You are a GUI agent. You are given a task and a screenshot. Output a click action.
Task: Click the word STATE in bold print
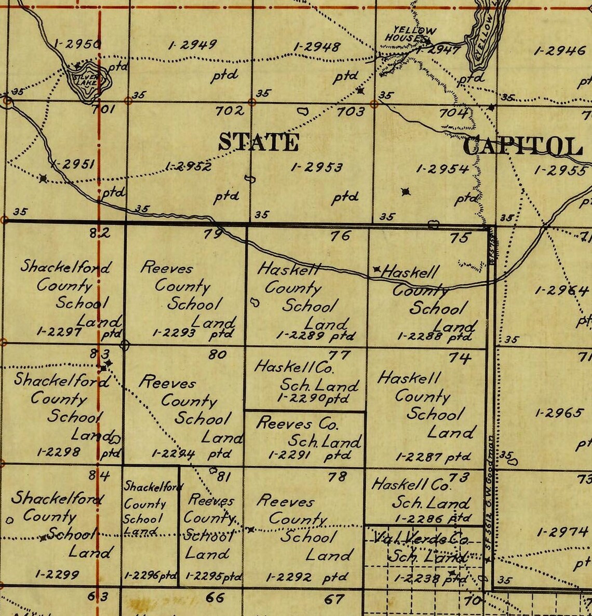(x=258, y=142)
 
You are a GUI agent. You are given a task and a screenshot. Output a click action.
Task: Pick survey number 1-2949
(x=192, y=45)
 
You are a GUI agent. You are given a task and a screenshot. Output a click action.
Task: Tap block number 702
(x=230, y=111)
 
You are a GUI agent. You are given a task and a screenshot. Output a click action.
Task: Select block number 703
(x=351, y=111)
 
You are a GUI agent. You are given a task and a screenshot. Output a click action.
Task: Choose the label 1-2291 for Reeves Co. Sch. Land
(x=289, y=455)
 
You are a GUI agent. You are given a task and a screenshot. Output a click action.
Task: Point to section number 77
(x=340, y=355)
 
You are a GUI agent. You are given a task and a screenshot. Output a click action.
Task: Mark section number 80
(x=217, y=354)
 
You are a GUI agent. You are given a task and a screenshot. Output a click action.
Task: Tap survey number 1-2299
(x=57, y=574)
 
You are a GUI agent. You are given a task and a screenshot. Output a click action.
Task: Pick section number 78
(x=337, y=476)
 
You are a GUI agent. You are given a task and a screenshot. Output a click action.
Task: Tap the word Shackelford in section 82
(x=65, y=267)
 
